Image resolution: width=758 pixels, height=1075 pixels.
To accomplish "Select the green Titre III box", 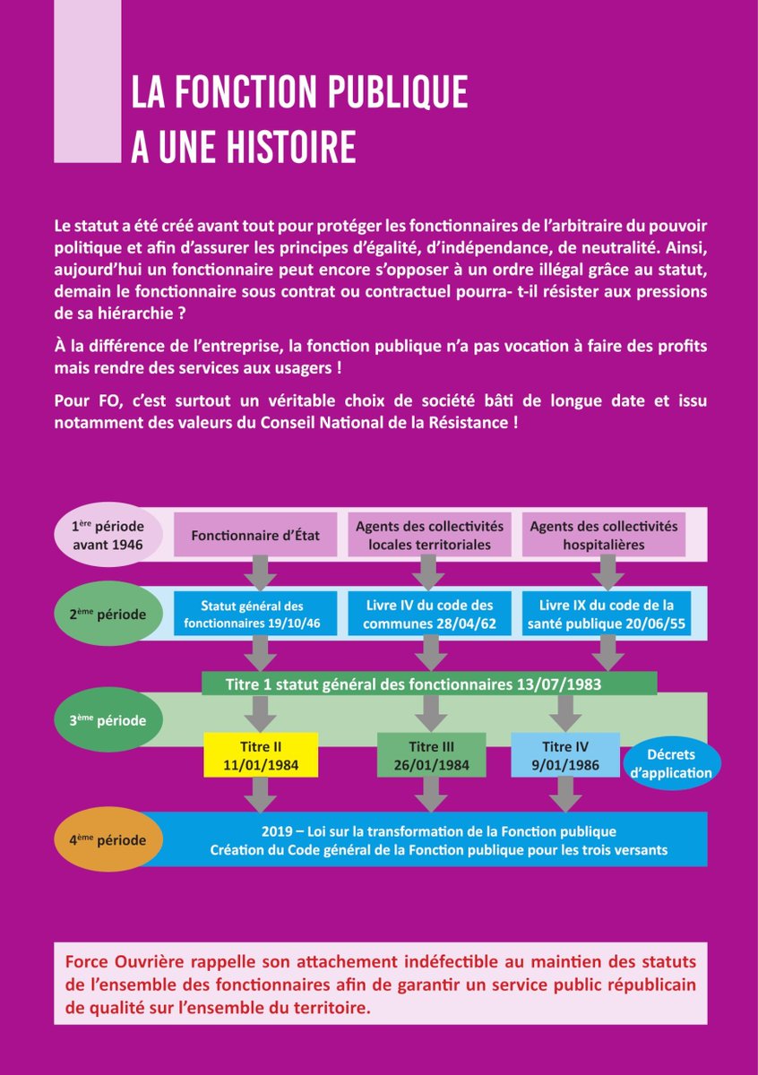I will point(431,754).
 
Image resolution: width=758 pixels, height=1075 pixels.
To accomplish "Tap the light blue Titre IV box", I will point(564,754).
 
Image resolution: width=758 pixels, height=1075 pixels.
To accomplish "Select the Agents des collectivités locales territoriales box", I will point(429,535).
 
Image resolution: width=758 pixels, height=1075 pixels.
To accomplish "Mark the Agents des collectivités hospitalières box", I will point(604,535).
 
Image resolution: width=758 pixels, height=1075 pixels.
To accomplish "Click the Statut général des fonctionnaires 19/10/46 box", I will point(255,615).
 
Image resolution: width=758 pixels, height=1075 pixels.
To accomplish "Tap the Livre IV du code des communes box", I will point(429,615).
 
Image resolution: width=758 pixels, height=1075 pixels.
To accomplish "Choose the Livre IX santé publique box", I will point(606,615).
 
